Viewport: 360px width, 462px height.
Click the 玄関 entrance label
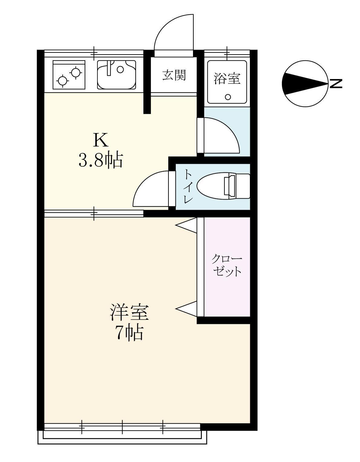[x=174, y=75]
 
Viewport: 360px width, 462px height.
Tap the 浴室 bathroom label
[x=227, y=78]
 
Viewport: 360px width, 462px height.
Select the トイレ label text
[x=188, y=186]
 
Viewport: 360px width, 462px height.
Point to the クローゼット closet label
[x=227, y=265]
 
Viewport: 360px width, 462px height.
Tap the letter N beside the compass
[x=336, y=83]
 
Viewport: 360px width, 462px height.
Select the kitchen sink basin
[x=116, y=75]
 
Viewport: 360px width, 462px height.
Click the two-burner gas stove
[x=69, y=75]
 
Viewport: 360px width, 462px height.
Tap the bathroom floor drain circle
[x=228, y=97]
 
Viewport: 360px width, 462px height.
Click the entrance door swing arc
[x=172, y=33]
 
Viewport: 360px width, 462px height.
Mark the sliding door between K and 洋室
[x=94, y=213]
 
